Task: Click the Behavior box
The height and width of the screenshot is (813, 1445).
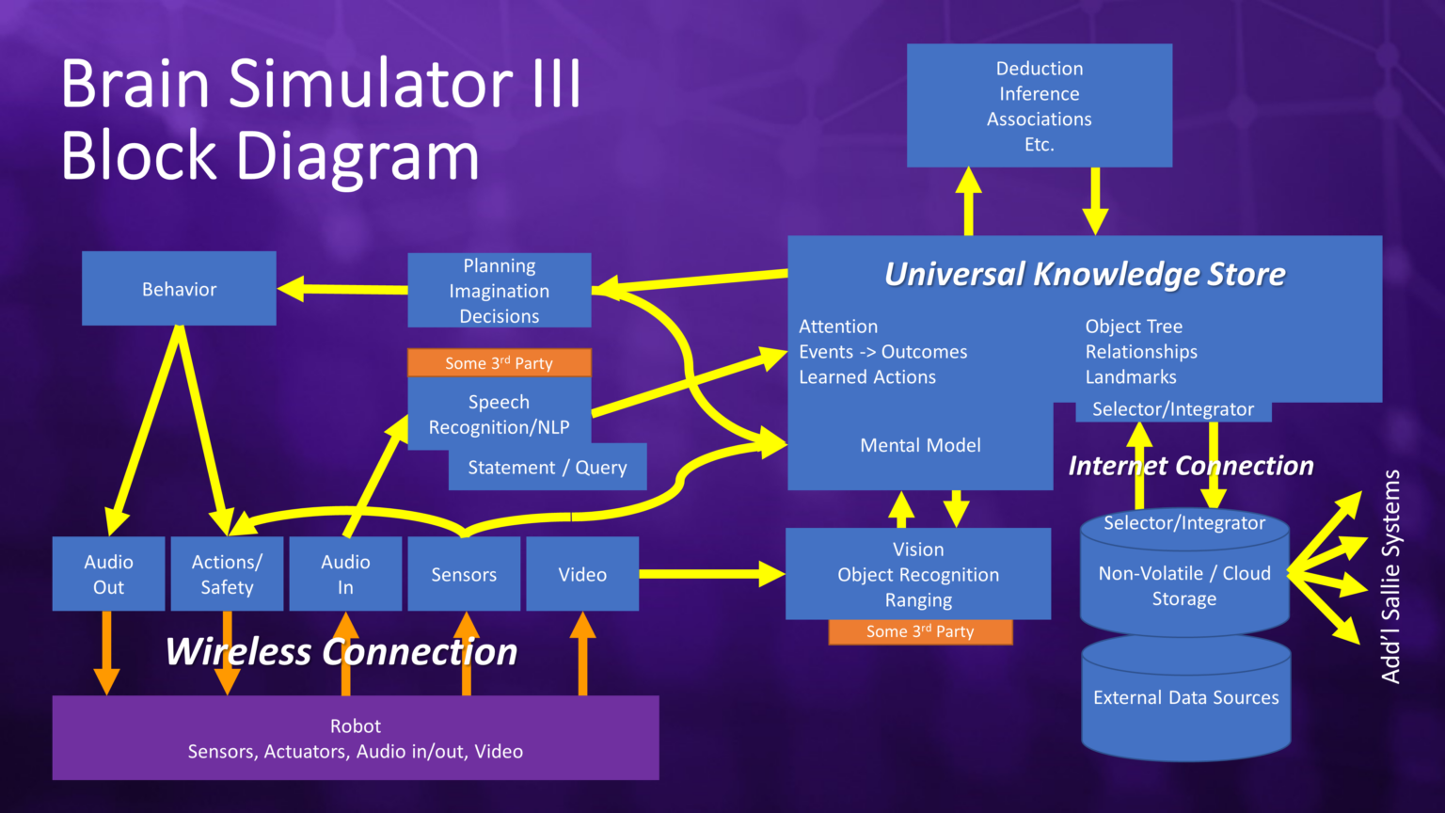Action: (179, 288)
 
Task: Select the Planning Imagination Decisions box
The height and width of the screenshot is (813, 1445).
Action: (499, 290)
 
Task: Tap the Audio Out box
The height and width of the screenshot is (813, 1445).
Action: (108, 574)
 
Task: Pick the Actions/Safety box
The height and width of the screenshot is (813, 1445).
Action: (227, 574)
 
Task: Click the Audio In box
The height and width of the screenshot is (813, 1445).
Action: (345, 574)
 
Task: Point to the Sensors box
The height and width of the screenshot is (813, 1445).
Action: (464, 574)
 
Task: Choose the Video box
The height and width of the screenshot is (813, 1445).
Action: (582, 574)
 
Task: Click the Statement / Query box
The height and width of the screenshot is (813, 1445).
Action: (548, 468)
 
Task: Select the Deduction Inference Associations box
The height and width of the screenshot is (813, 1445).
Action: (1039, 105)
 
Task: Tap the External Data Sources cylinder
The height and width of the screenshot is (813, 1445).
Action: (1185, 698)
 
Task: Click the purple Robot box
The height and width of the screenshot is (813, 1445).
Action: (356, 738)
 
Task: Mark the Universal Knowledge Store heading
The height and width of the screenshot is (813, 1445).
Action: (1084, 274)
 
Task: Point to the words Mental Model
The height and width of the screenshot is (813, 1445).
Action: (920, 445)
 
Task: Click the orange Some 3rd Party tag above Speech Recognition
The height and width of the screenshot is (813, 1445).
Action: (499, 362)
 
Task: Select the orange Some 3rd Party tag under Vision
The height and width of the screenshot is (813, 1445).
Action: (920, 631)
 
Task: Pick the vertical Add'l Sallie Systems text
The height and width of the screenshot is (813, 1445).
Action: (1390, 576)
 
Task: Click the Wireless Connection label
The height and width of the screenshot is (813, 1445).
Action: (341, 651)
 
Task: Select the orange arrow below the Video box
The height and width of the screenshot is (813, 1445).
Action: (582, 654)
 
